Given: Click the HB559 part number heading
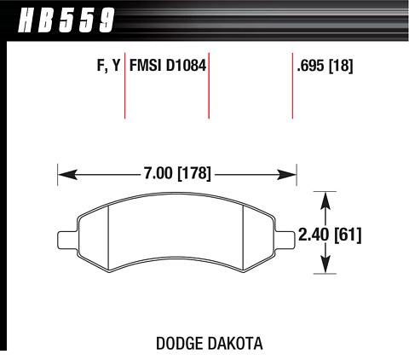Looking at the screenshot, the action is [x=66, y=20].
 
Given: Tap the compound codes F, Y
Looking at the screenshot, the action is [x=109, y=67].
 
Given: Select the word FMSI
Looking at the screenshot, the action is [x=146, y=66].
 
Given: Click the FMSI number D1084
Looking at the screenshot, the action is [x=186, y=66].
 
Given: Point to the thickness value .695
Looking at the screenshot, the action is [x=310, y=66].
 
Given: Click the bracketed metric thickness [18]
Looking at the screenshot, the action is [x=341, y=67].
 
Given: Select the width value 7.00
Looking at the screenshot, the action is [x=158, y=173].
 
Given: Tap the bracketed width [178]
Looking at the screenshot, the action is [x=194, y=173].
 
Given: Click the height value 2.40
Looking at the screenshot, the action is [x=314, y=235].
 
